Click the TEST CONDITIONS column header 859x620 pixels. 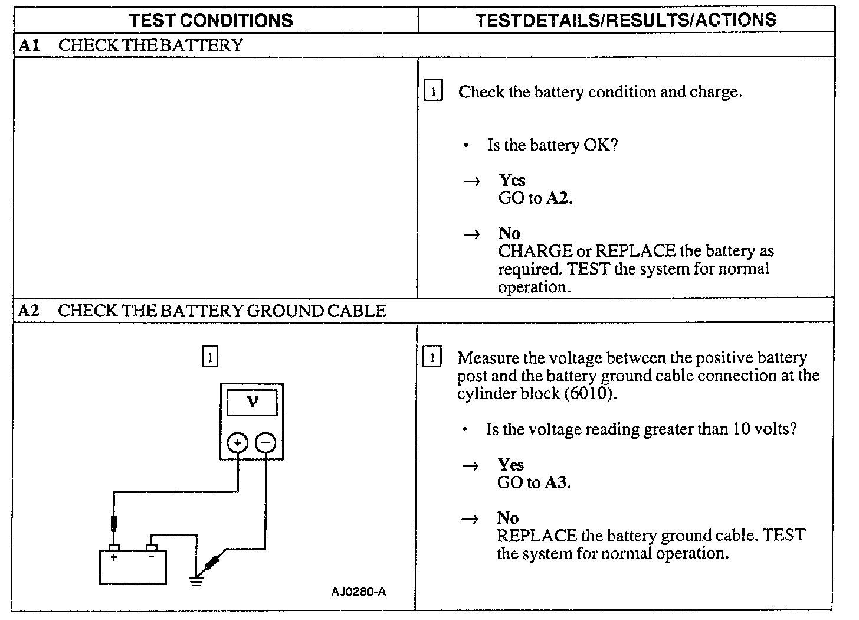[x=211, y=20]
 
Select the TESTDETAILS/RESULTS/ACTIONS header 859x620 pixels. [x=625, y=20]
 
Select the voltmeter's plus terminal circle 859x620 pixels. [x=238, y=442]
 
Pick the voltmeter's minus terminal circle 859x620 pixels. [x=265, y=442]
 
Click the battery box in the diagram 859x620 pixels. [x=133, y=567]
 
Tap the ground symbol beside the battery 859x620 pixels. [x=196, y=580]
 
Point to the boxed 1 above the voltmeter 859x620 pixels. [x=210, y=357]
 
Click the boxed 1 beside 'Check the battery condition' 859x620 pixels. [x=433, y=92]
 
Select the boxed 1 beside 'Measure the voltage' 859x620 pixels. [x=432, y=358]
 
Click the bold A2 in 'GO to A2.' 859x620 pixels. [x=558, y=198]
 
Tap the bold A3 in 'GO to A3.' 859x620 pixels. [x=556, y=482]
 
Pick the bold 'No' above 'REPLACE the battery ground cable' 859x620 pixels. [x=507, y=518]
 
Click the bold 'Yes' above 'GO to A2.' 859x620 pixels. [x=512, y=180]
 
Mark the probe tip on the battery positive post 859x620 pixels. [x=114, y=524]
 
